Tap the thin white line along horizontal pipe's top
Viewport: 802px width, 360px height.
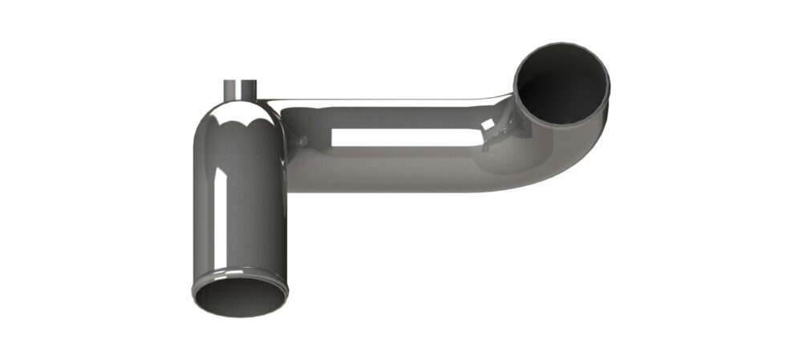(385, 102)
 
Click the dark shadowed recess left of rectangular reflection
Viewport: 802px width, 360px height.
(317, 132)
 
